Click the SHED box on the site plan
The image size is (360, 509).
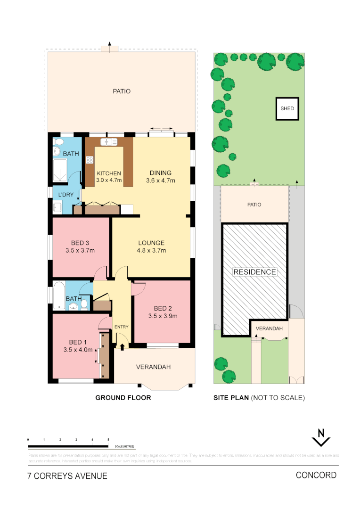click(287, 108)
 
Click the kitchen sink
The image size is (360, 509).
click(108, 141)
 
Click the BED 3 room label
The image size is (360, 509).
click(80, 243)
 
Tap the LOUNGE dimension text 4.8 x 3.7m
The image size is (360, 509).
click(151, 251)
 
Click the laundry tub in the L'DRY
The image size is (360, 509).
click(57, 206)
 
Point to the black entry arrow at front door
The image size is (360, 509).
click(123, 347)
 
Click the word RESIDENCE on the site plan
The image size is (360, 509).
click(255, 272)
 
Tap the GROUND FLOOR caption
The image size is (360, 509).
click(123, 398)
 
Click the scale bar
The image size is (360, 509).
click(68, 446)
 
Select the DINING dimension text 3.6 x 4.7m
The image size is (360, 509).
click(161, 181)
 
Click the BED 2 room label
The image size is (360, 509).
click(163, 309)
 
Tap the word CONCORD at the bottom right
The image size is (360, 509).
click(316, 475)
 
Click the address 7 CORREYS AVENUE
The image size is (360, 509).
click(67, 476)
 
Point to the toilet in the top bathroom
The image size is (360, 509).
click(59, 141)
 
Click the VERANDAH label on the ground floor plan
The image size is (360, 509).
click(153, 367)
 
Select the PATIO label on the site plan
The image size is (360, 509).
click(254, 205)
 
